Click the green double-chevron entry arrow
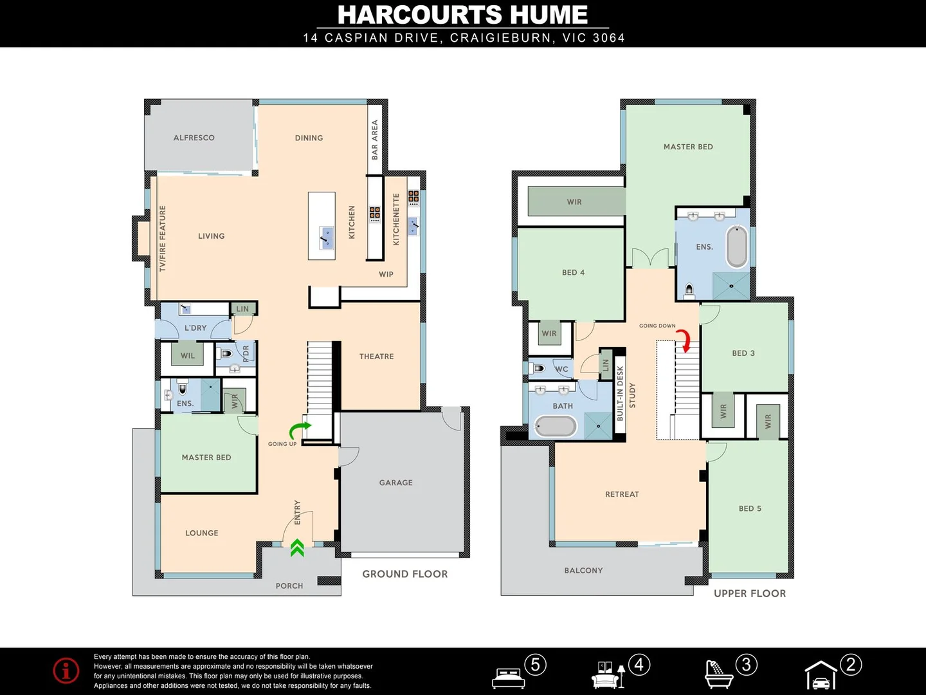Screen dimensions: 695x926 [x=297, y=548]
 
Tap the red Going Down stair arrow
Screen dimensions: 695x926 [x=687, y=341]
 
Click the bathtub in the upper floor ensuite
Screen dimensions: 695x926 [x=737, y=246]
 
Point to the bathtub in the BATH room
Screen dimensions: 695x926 [x=556, y=427]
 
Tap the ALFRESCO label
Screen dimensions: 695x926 [x=194, y=138]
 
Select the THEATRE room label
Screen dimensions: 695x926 [x=376, y=357]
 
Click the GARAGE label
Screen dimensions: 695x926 [x=395, y=483]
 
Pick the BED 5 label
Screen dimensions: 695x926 [x=750, y=508]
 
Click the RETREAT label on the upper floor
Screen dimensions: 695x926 [x=622, y=494]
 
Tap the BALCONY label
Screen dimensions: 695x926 [x=583, y=570]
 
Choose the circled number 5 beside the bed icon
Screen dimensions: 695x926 [x=535, y=664]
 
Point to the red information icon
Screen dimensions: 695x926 [x=66, y=671]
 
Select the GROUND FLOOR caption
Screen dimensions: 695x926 [x=404, y=574]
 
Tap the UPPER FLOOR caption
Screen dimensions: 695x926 [x=750, y=593]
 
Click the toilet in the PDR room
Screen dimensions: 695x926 [x=226, y=353]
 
